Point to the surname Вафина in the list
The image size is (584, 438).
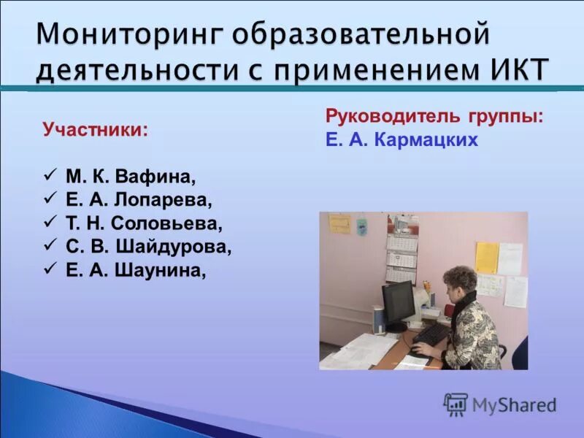pyautogui.click(x=164, y=177)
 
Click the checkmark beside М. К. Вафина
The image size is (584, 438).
pyautogui.click(x=50, y=176)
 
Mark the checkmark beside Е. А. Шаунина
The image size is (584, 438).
pyautogui.click(x=50, y=269)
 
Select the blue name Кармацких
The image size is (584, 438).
pyautogui.click(x=426, y=140)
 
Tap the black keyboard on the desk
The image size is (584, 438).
pyautogui.click(x=431, y=336)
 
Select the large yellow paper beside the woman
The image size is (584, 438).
pyautogui.click(x=486, y=257)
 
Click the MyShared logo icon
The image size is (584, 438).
pyautogui.click(x=456, y=404)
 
